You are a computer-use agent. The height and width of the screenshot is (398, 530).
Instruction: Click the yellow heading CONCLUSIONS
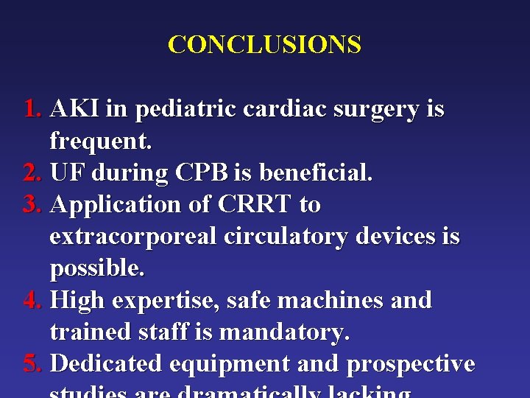(x=264, y=45)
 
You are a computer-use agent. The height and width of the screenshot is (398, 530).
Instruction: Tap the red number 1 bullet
(x=32, y=110)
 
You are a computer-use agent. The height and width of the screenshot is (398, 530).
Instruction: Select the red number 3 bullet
(x=32, y=204)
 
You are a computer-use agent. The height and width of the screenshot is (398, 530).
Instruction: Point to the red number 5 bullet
(x=32, y=363)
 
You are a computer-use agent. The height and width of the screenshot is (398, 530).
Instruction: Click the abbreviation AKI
(x=75, y=110)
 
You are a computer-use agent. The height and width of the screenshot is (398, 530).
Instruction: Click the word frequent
(x=100, y=141)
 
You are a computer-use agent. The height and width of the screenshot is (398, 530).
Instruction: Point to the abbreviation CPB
(x=202, y=173)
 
